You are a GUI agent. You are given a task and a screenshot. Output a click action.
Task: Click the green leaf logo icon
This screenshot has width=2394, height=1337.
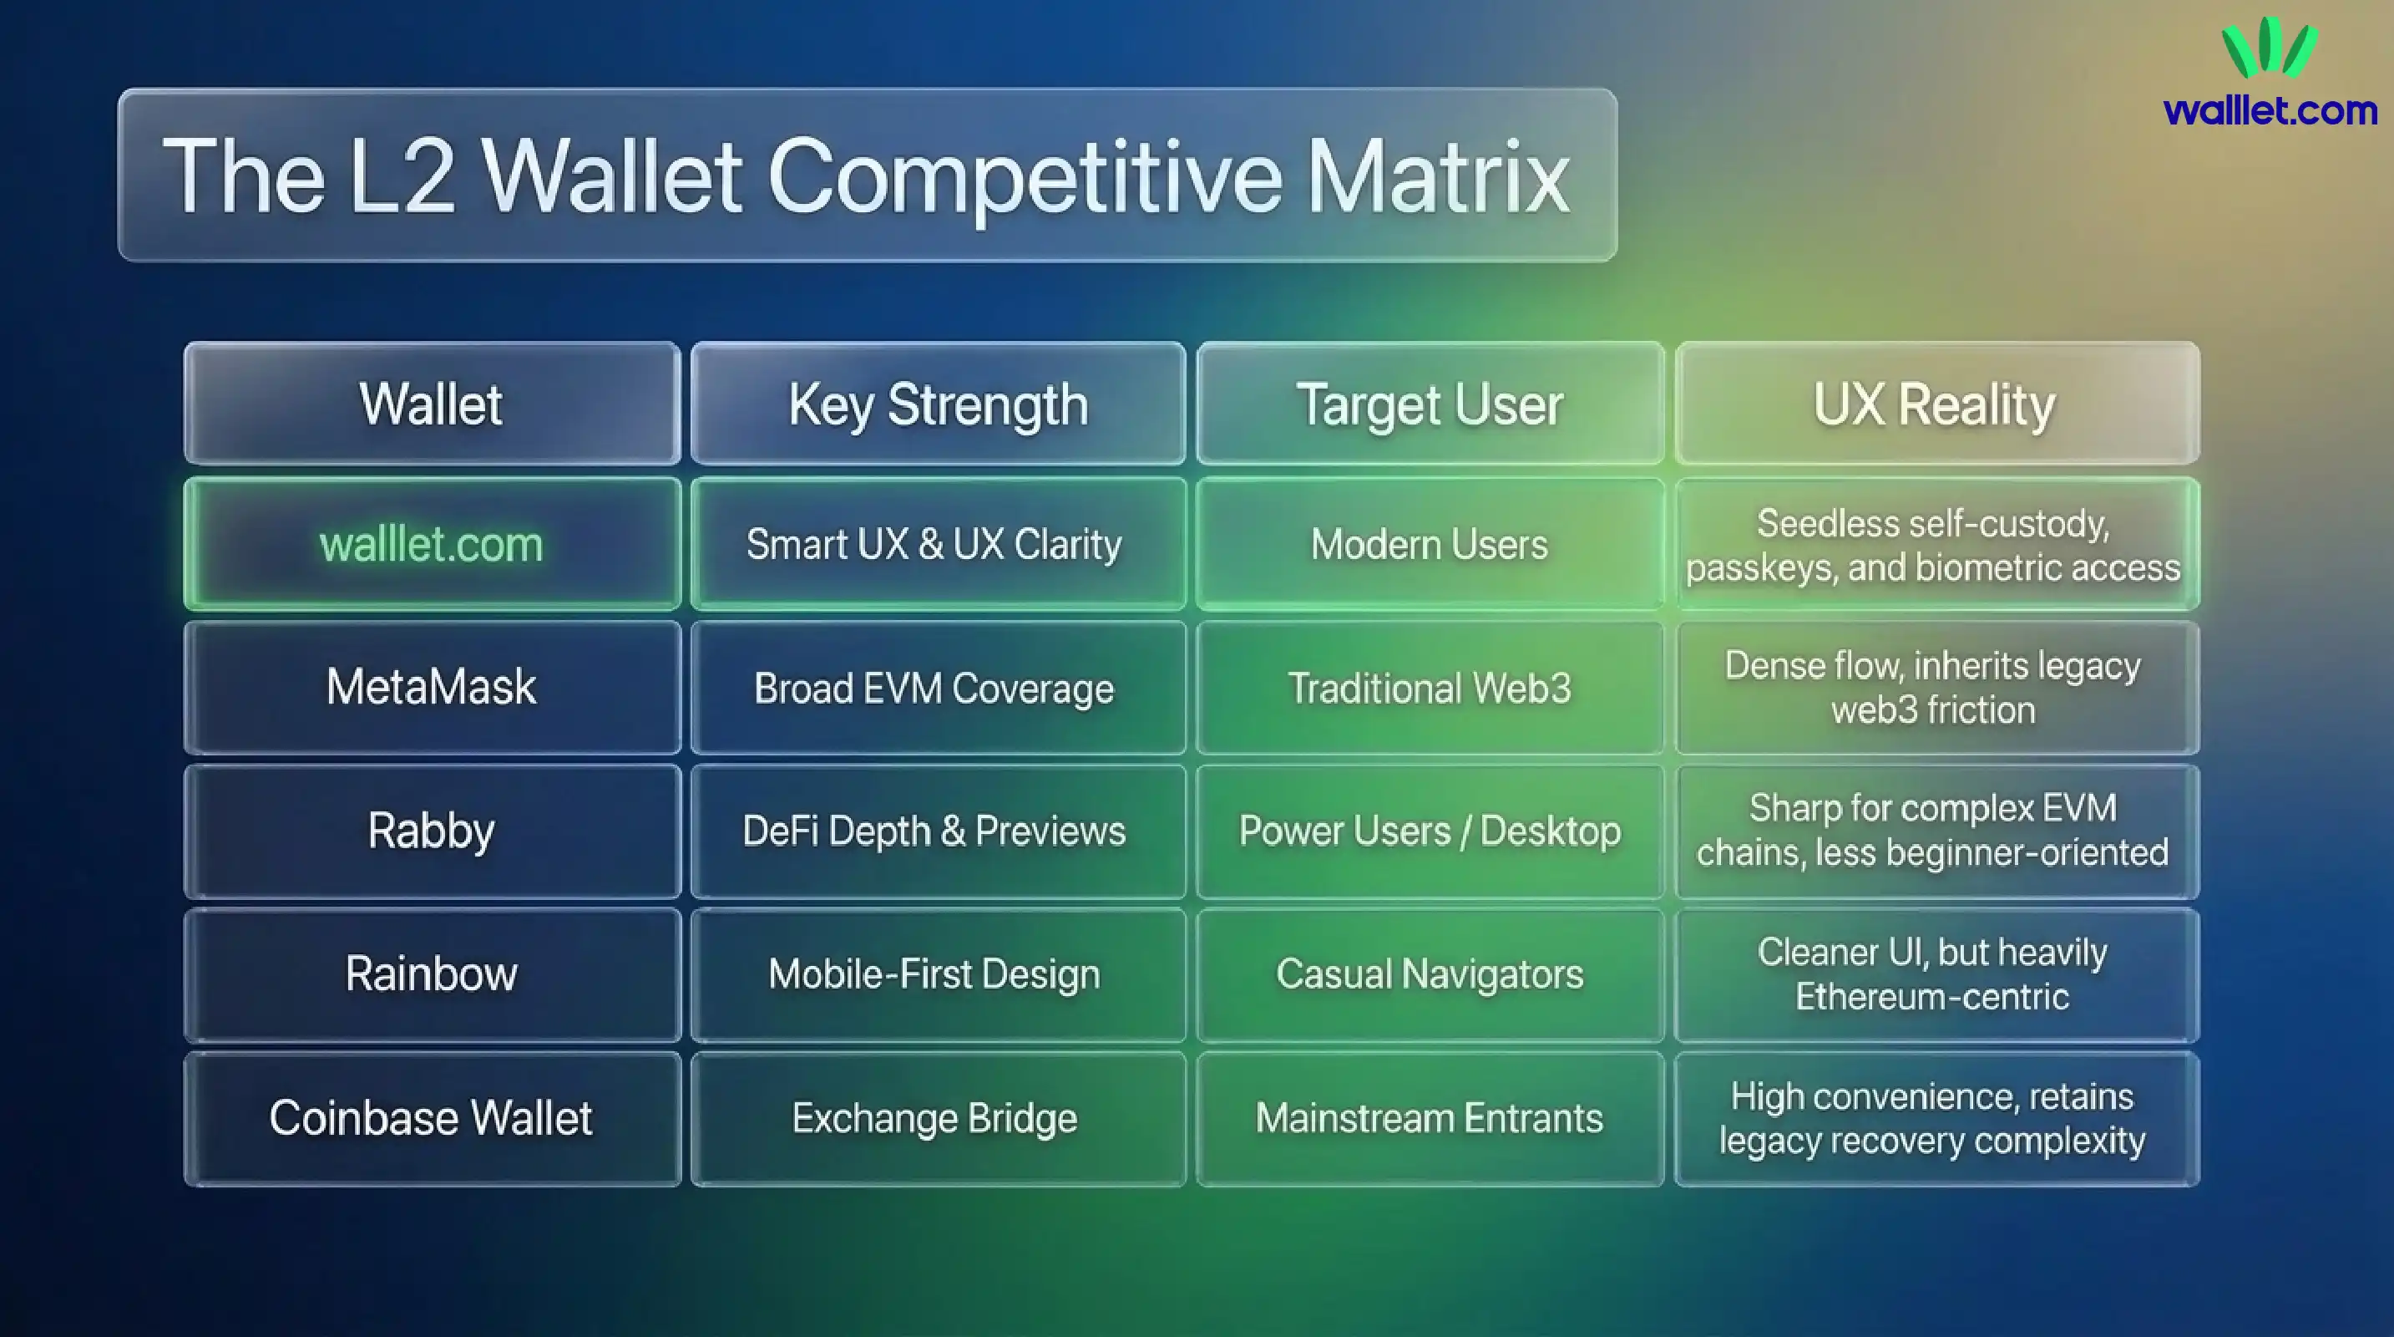(2270, 48)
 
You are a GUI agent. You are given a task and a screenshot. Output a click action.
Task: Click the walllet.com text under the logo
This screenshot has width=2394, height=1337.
(2270, 110)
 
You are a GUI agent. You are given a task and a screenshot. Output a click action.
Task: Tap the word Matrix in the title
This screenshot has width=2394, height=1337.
(1437, 176)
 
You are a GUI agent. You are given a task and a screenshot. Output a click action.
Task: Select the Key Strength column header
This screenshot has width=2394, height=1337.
(938, 404)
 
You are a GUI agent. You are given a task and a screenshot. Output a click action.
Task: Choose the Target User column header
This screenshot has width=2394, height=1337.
(1430, 404)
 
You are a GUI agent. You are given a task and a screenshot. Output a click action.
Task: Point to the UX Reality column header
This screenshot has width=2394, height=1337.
(1935, 404)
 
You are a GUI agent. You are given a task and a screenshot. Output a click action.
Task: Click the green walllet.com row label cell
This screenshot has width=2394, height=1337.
(431, 545)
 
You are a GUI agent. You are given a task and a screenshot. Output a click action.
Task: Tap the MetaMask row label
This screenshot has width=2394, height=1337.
(431, 687)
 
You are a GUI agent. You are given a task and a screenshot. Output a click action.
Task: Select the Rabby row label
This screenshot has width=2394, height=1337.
(431, 831)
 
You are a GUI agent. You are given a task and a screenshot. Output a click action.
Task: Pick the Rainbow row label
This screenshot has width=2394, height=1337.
(431, 974)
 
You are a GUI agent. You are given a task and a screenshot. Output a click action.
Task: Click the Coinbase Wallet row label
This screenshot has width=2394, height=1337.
(431, 1117)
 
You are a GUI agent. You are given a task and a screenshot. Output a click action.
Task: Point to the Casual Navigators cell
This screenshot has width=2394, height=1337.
(1430, 974)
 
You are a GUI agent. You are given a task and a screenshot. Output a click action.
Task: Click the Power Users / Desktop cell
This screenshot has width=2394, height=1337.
(1430, 831)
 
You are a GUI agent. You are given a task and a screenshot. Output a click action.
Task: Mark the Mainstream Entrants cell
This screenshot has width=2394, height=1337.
(1430, 1117)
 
